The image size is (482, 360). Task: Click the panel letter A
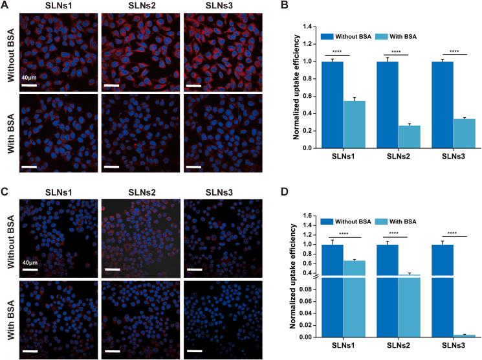point(5,6)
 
